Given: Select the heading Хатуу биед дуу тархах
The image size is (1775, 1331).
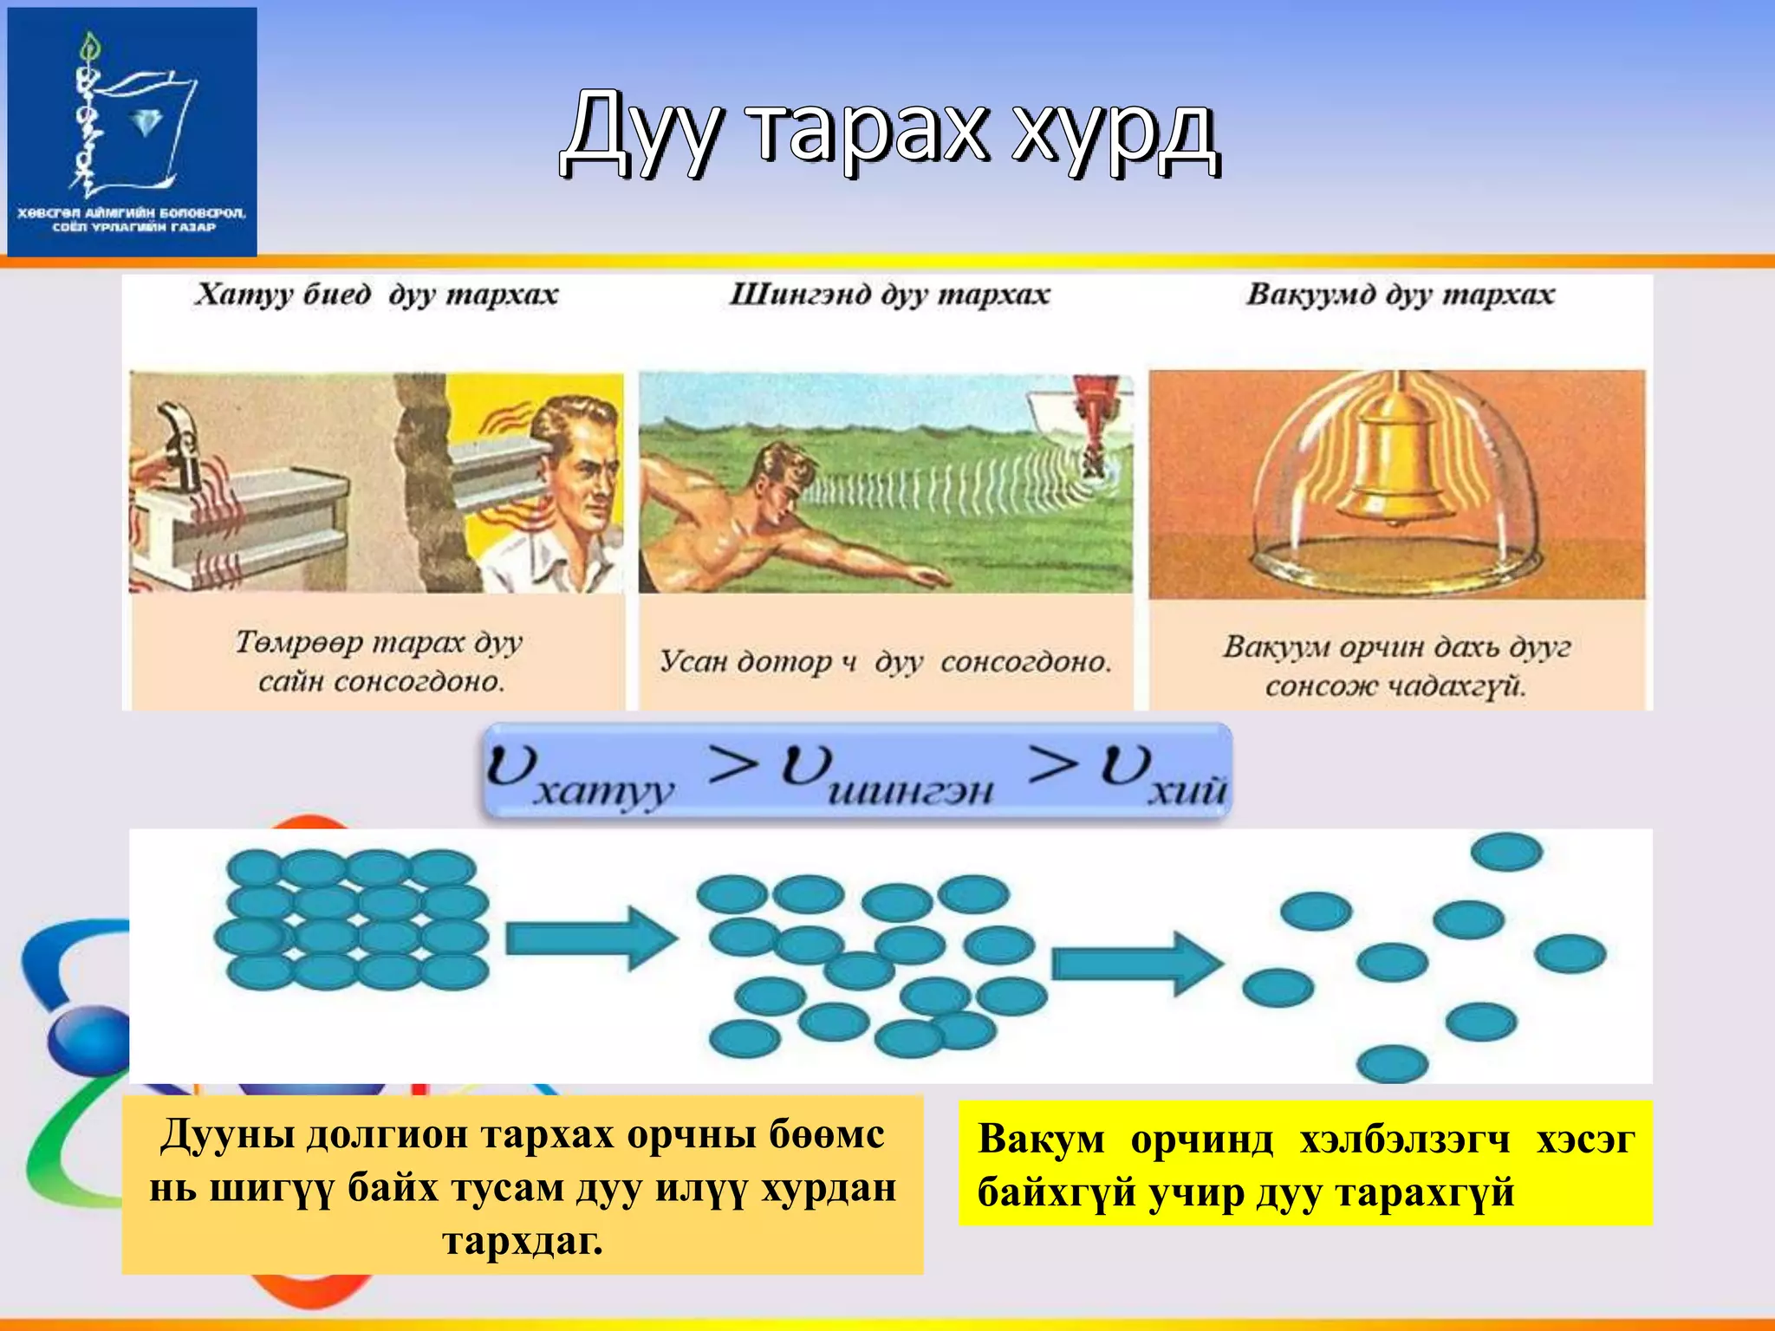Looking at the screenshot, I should pos(376,295).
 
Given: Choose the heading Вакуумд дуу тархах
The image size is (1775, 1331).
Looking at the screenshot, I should pos(1400,295).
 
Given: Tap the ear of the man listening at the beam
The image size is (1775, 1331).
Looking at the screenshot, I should pos(555,459).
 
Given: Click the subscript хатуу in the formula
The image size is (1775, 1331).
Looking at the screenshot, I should pos(602,791).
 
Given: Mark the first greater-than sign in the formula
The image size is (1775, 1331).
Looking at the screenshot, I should pos(732,764).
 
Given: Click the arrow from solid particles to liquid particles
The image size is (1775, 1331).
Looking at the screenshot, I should pos(589,938).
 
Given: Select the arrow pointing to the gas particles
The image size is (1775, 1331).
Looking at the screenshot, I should pos(1135,963).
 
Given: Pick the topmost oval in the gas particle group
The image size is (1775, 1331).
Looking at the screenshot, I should pos(1506,852).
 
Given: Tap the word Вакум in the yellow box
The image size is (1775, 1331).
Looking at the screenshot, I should pos(1041,1139).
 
